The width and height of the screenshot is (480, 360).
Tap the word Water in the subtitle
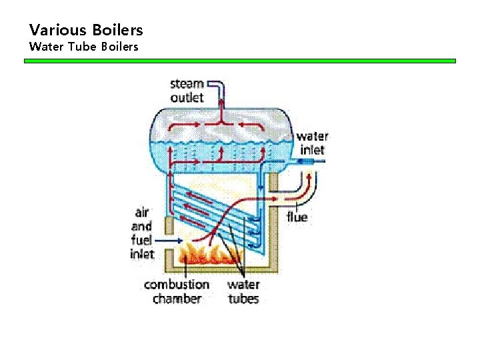point(45,46)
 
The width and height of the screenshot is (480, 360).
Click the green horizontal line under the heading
point(240,61)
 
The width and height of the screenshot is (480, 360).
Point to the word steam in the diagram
point(187,84)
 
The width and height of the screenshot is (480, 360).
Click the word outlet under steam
point(187,97)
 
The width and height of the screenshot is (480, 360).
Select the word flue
point(297,217)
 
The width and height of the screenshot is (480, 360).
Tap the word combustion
point(177,285)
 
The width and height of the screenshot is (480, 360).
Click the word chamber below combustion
point(177,299)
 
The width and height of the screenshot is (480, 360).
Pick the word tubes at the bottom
point(243,299)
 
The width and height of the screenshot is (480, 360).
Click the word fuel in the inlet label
point(142,240)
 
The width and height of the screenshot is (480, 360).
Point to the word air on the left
point(142,213)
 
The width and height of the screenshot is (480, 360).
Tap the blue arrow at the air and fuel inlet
point(171,239)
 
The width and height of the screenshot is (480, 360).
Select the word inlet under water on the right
point(312,150)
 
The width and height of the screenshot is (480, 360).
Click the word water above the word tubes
point(243,285)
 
